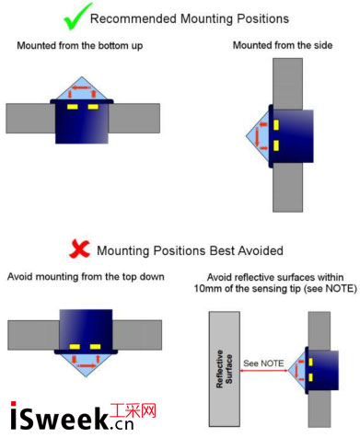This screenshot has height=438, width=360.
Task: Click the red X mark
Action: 79,249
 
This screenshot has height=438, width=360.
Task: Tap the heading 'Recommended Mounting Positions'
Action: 190,18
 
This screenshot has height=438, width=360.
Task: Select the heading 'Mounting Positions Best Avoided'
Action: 190,250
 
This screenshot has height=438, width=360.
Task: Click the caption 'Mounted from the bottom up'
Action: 80,46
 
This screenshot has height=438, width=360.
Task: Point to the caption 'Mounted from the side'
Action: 283,45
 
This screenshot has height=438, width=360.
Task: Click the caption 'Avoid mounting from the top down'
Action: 86,277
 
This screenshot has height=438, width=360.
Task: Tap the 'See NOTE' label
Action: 263,363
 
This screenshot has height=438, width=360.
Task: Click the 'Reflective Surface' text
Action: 225,369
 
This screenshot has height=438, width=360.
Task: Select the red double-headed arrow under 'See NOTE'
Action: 263,371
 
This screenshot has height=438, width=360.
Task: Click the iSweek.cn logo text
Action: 72,416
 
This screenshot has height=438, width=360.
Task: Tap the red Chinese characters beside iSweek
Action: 134,411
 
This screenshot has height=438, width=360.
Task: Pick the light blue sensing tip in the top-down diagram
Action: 86,363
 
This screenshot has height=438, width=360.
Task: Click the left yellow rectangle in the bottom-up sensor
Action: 73,107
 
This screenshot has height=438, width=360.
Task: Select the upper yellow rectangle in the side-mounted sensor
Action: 276,125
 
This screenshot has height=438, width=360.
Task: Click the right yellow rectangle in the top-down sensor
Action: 95,347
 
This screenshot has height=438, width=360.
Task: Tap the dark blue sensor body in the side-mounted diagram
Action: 292,136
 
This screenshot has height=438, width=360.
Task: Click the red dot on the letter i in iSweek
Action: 14,404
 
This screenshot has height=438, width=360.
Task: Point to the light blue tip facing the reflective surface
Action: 298,371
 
